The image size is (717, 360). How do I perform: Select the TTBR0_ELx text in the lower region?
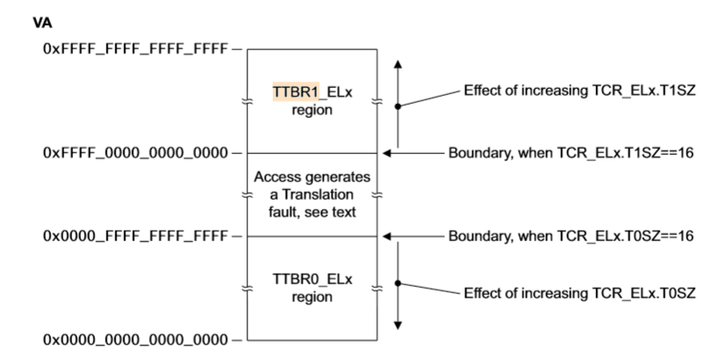point(312,281)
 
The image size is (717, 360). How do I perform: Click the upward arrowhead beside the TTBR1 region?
point(398,65)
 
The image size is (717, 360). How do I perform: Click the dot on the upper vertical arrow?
point(398,107)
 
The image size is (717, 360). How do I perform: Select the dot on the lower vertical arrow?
point(398,283)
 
